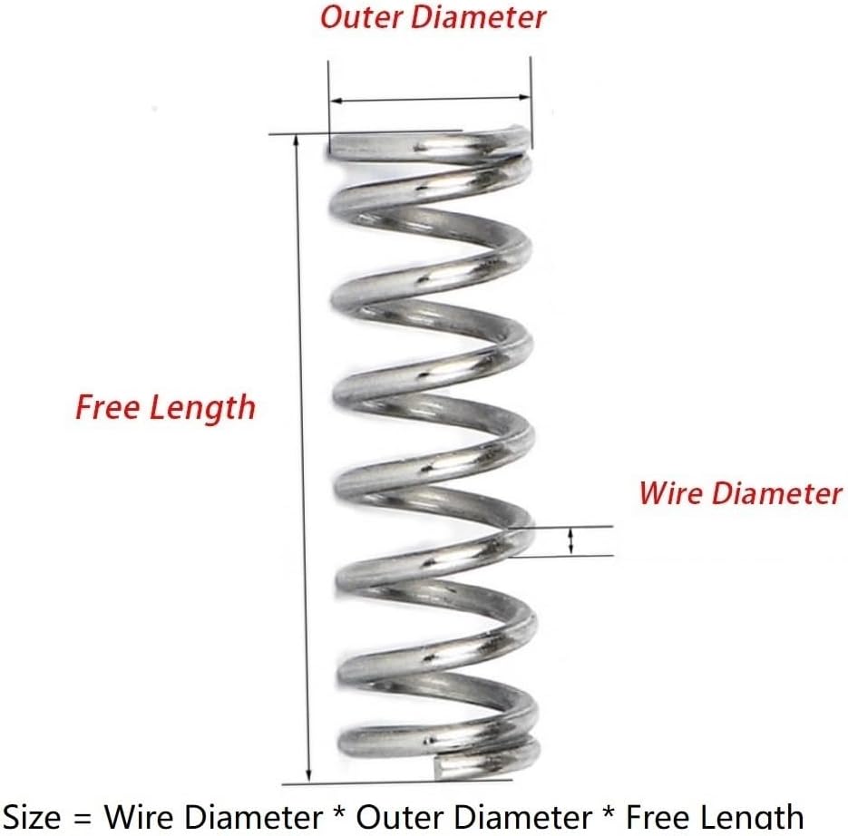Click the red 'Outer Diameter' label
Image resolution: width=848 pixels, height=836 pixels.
(x=434, y=16)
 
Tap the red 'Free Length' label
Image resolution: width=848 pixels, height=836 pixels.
(x=165, y=407)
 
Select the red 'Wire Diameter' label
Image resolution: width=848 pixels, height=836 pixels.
(x=740, y=493)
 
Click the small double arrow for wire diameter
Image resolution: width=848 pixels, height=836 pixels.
(x=570, y=541)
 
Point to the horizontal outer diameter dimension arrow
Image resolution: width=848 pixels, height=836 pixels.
(x=429, y=99)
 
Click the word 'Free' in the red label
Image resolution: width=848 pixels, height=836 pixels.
(x=105, y=407)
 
